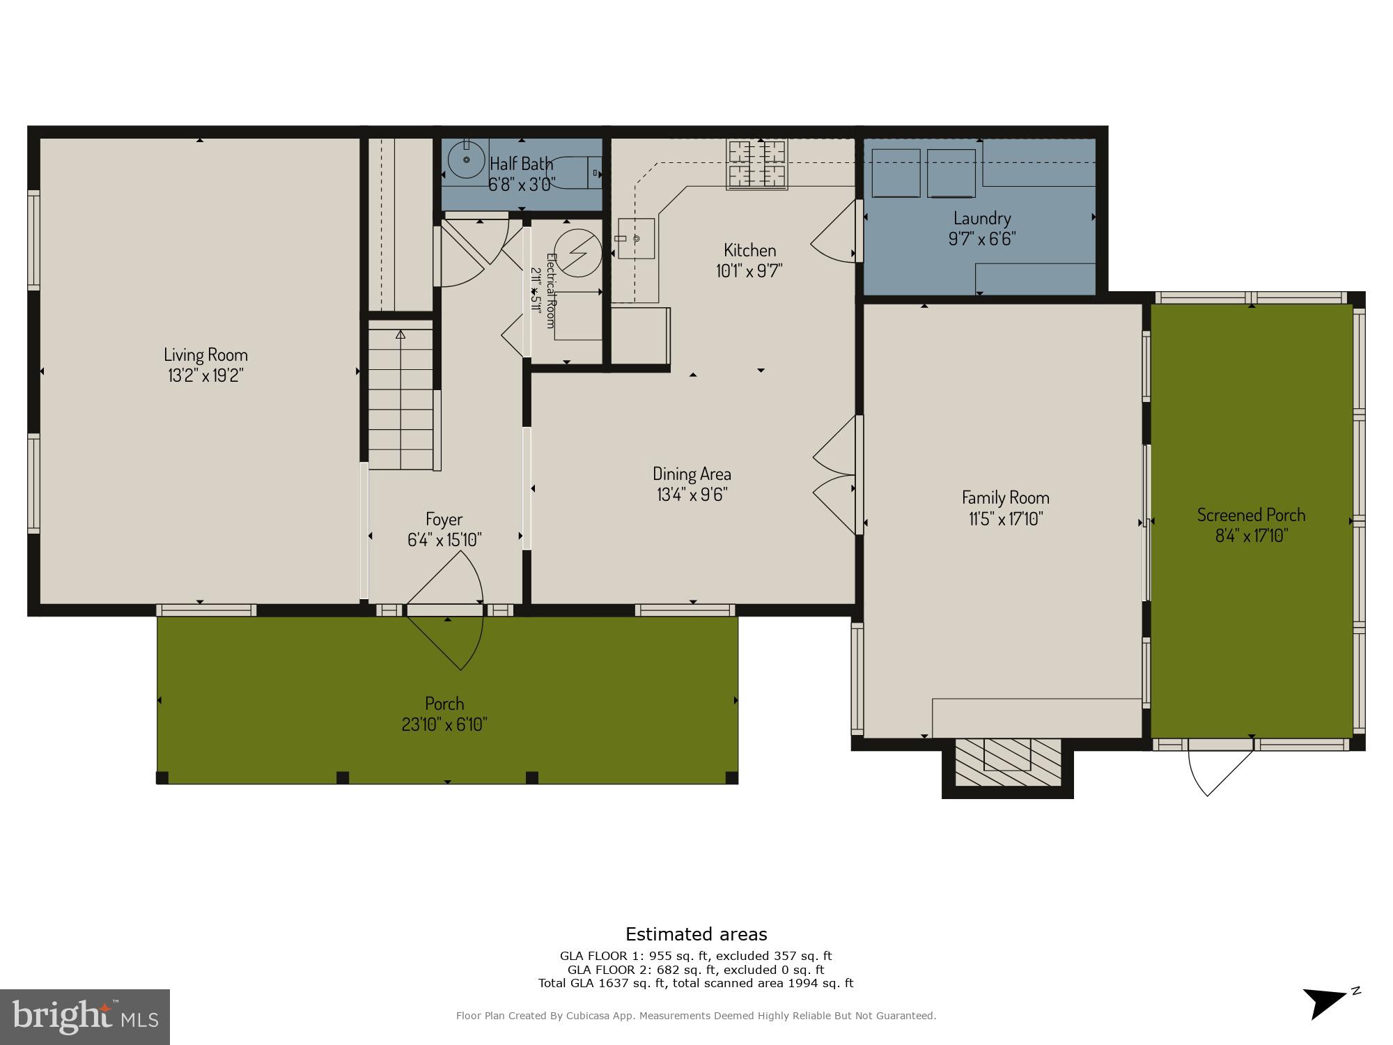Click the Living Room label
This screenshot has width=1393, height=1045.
pos(205,355)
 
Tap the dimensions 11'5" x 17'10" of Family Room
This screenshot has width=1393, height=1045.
pos(1005,519)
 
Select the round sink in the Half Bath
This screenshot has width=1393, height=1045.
pos(465,162)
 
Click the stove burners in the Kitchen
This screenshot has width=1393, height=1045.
pos(756,164)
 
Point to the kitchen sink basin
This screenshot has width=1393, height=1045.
pos(637,238)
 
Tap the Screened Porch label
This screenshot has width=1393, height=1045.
pos(1251,515)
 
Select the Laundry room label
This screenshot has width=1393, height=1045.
pos(982,218)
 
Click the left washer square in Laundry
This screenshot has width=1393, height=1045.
pos(896,173)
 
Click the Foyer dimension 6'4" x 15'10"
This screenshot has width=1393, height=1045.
pos(444,540)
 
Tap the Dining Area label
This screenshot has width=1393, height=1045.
pos(692,474)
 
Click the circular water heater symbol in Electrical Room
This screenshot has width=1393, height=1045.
pos(577,252)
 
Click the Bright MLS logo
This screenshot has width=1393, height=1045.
pos(85,1016)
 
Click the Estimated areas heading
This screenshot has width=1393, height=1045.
pos(696,934)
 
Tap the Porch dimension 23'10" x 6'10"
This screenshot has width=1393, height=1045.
pos(444,725)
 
